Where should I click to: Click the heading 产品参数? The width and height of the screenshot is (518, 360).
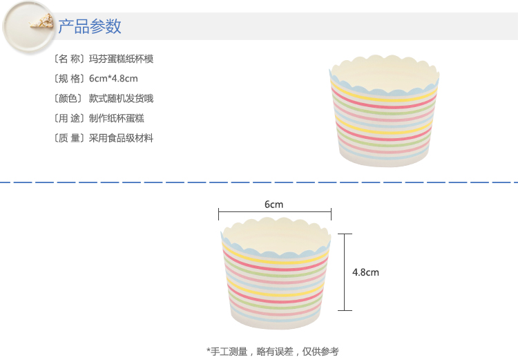(90, 27)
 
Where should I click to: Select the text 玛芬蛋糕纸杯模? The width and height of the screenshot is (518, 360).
(121, 59)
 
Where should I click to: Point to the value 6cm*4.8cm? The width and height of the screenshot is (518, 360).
(113, 79)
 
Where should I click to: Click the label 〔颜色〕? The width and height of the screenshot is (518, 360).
(68, 99)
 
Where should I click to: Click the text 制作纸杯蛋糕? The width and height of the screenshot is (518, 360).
(116, 118)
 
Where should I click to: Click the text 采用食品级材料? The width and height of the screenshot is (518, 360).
(121, 138)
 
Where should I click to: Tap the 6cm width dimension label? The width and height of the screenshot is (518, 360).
(274, 205)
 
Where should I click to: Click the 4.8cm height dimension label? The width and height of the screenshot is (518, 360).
(365, 272)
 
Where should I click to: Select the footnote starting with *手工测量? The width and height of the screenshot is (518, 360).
(273, 351)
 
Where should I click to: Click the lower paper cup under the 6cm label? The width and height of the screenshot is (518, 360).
(274, 276)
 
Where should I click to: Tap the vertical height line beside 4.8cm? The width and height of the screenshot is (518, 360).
(343, 272)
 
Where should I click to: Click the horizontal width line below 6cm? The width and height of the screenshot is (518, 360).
(274, 214)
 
